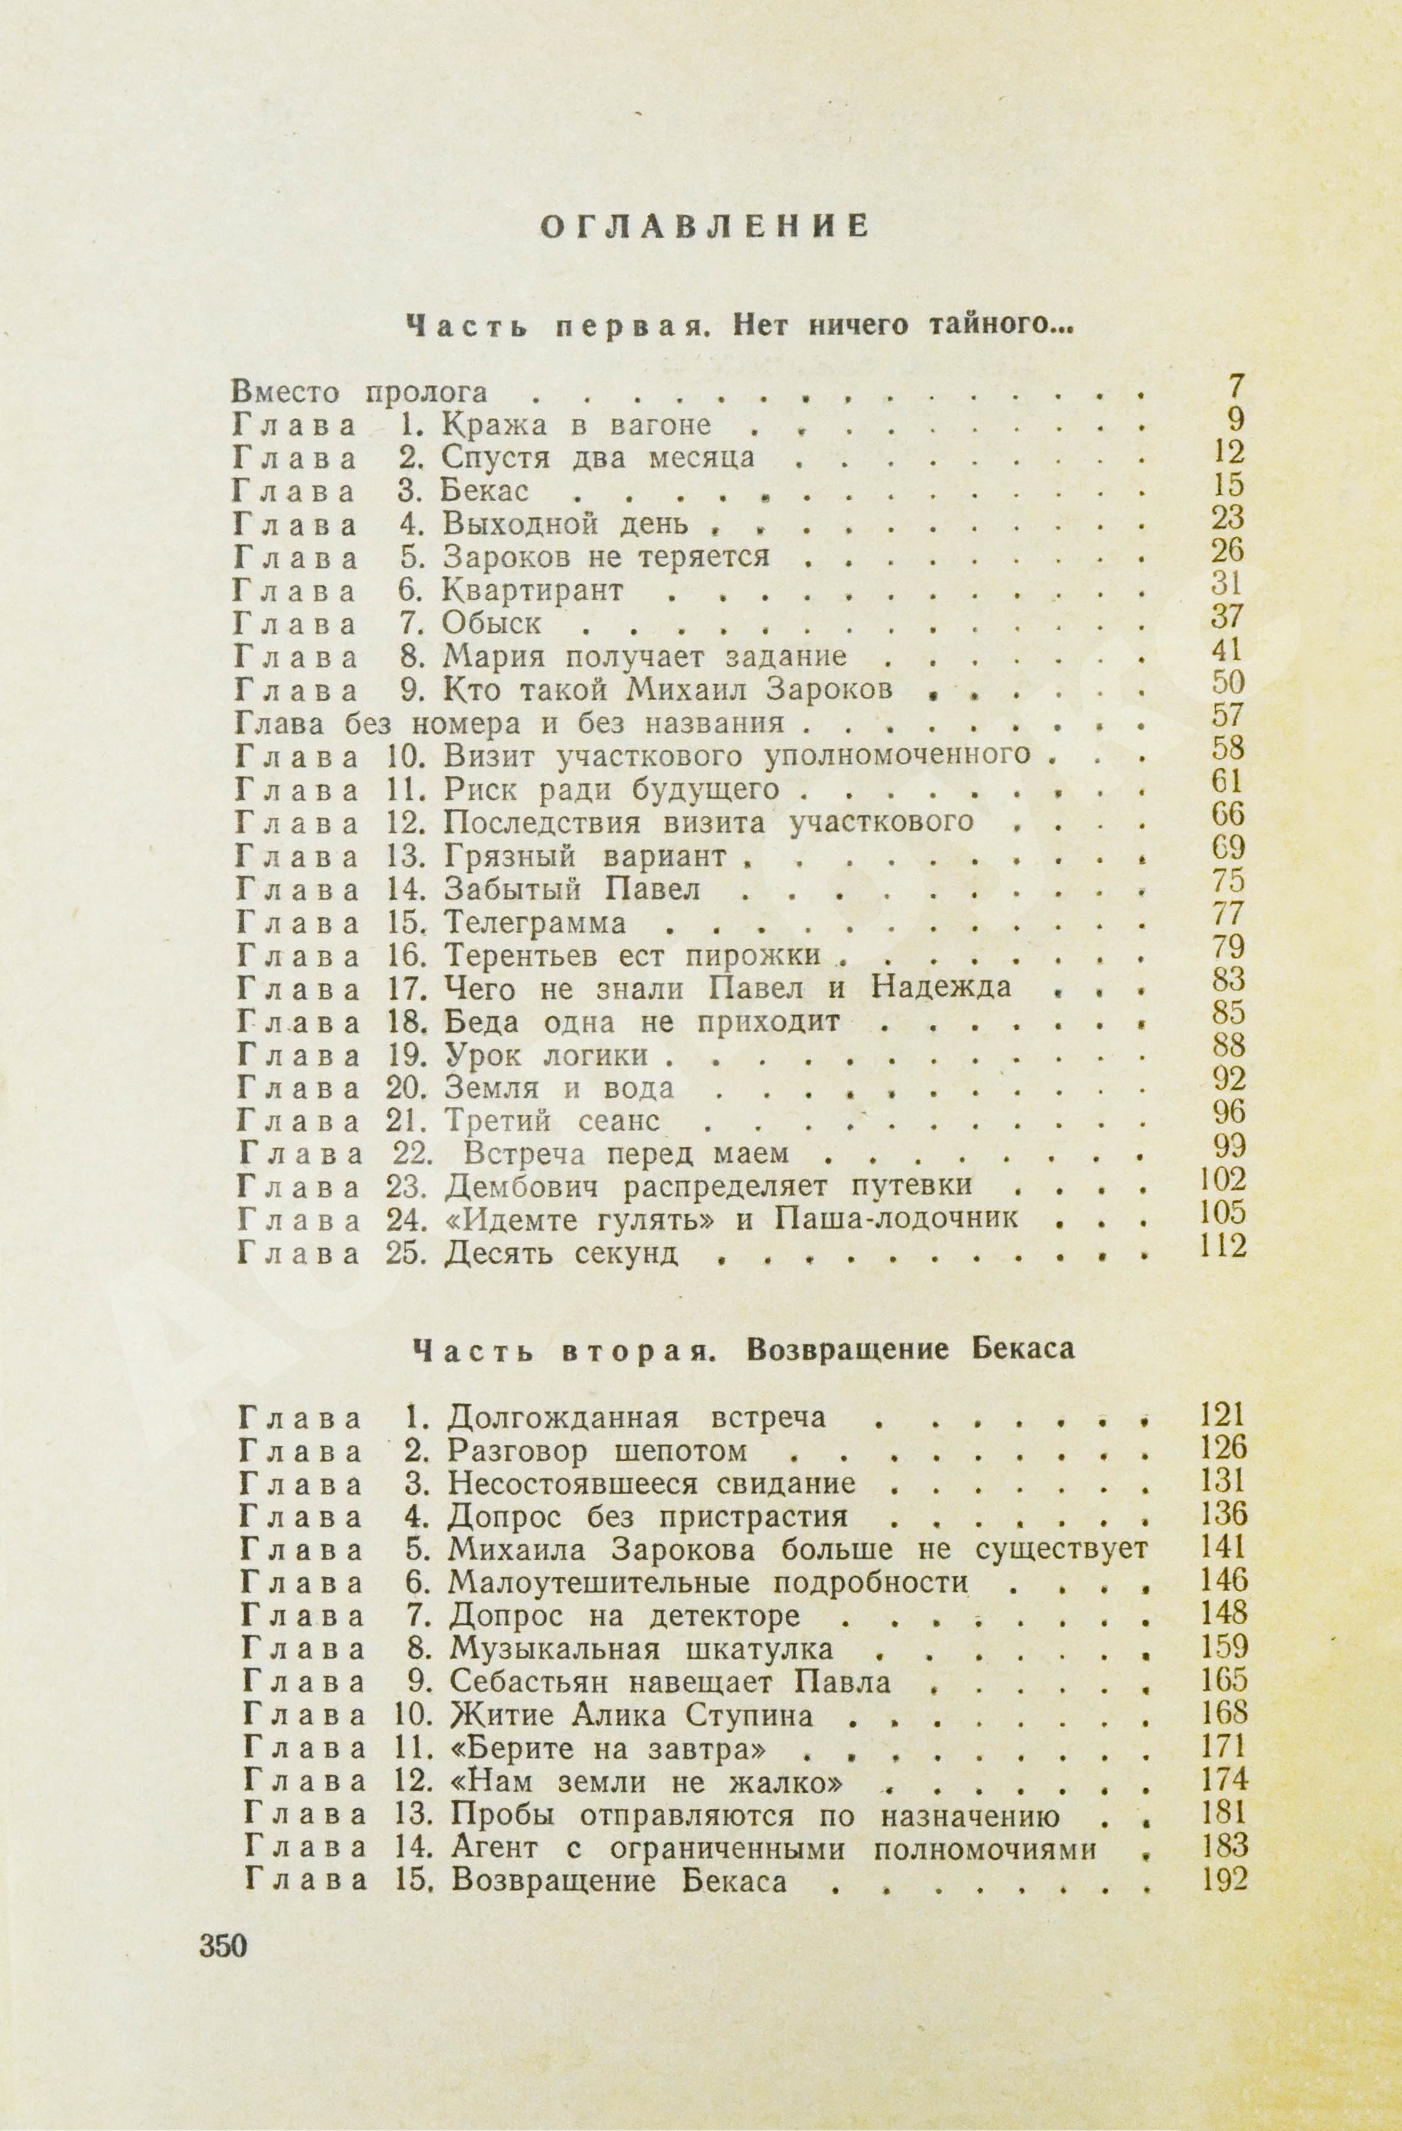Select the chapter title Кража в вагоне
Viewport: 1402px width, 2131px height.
578,425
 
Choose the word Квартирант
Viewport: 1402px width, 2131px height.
533,590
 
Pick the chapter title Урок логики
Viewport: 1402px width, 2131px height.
546,1055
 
